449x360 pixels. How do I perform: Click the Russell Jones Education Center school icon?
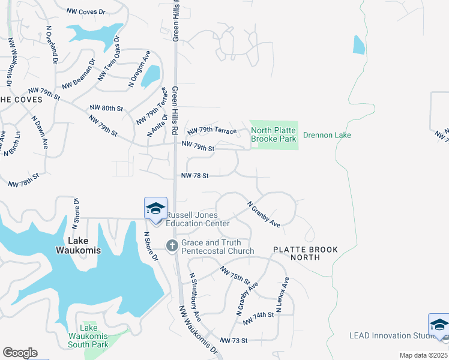155,209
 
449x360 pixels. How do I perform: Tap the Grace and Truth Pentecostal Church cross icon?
171,245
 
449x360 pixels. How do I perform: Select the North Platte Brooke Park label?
274,134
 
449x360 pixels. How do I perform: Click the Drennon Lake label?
327,135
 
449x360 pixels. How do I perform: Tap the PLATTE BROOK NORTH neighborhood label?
306,253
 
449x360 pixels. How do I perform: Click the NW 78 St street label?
195,176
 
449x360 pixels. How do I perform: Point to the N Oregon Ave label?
139,70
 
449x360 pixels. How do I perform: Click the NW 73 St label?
234,340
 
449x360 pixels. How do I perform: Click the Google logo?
20,353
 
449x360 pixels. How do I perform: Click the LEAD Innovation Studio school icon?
438,325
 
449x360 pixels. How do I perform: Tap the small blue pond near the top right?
359,44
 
